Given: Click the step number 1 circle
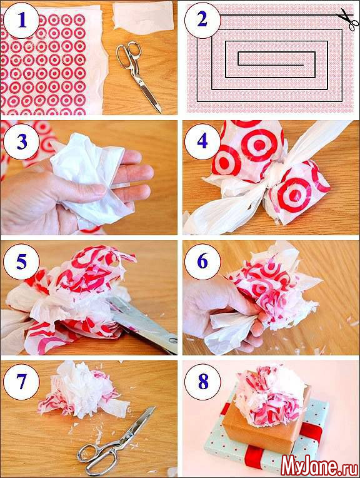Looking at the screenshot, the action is click(x=21, y=21).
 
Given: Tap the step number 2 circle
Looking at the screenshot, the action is click(x=202, y=21).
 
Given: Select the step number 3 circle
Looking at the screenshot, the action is click(x=21, y=141).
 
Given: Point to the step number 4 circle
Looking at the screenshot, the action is click(x=202, y=141).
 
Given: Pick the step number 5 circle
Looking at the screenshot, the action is click(x=21, y=262).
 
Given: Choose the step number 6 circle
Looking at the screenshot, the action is click(x=202, y=262).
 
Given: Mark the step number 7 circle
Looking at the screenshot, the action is click(x=21, y=381).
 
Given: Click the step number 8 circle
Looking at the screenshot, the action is click(x=202, y=381).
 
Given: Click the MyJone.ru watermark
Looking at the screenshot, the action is click(x=319, y=465).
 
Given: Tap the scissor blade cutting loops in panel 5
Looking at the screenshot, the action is click(x=143, y=323).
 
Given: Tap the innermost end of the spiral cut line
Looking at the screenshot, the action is click(x=303, y=65).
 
